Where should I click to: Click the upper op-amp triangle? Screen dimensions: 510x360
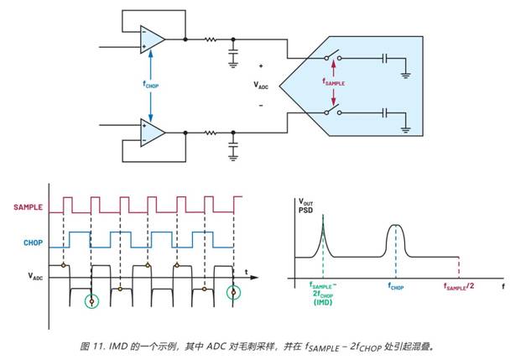(x=152, y=39)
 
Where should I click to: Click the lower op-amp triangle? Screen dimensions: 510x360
(x=152, y=133)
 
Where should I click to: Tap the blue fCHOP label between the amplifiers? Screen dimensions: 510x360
(x=151, y=85)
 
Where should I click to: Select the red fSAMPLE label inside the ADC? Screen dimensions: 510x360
(x=333, y=82)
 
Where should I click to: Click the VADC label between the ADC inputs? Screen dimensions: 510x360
(x=261, y=86)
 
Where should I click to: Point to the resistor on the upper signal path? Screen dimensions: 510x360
(x=210, y=39)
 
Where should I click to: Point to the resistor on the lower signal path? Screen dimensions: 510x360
(x=210, y=133)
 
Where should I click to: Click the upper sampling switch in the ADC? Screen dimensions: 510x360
(x=333, y=55)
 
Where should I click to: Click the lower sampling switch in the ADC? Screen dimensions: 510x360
(x=333, y=110)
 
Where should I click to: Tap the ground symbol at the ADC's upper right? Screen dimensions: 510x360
(x=405, y=76)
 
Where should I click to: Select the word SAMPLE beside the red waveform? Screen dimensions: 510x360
(x=28, y=207)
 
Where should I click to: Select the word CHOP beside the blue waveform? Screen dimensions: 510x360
(x=34, y=243)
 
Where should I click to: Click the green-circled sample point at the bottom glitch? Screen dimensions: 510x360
(x=91, y=301)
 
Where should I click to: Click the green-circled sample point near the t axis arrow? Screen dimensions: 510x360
(x=233, y=292)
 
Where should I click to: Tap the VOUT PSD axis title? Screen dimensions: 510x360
(x=305, y=206)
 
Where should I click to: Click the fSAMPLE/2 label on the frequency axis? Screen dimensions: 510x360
(x=459, y=286)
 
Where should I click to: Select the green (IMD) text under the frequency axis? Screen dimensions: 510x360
(x=323, y=302)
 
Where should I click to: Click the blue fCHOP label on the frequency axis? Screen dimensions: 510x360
(x=396, y=287)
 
